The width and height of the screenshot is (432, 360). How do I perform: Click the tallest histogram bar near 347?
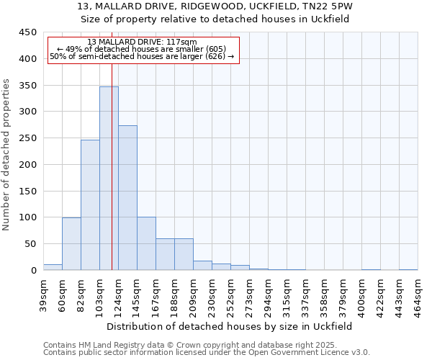coord(109,179)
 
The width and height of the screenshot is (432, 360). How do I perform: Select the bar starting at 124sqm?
coord(127,198)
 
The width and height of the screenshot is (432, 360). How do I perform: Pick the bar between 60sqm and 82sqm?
coord(71,243)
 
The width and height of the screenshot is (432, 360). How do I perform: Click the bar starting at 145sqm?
coord(146,243)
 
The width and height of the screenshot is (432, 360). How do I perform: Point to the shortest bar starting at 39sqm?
coord(53,267)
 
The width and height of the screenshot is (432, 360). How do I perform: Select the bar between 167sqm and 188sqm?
coord(165,254)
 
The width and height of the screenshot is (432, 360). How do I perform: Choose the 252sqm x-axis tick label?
coord(230,295)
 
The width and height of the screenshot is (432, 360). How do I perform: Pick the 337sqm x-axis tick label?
coord(305,295)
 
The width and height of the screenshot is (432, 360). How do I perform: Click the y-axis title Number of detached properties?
coord(7,155)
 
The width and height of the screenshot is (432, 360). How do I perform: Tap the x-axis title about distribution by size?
coord(230,326)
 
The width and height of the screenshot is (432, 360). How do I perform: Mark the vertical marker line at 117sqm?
coord(112,180)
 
